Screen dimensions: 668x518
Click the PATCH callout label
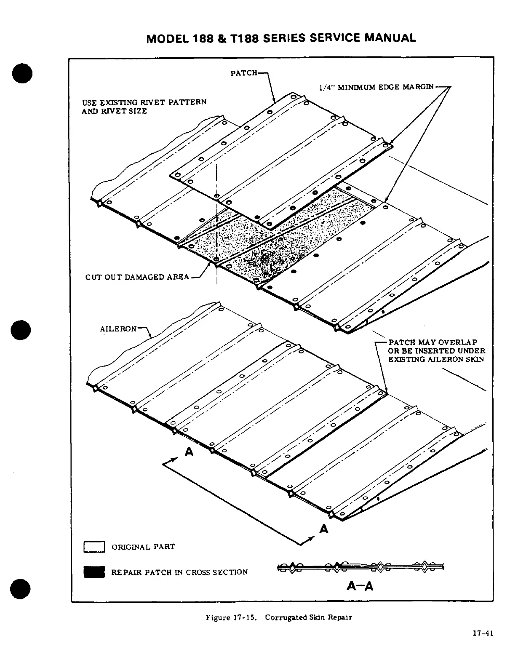243,73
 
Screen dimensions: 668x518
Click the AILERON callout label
118,329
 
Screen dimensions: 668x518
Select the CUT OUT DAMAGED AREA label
137,277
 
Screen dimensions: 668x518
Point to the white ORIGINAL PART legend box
94,547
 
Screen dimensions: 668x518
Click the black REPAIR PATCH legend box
94,572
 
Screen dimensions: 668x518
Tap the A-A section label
360,586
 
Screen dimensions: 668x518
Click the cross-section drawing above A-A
360,567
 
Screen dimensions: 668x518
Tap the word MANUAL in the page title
390,38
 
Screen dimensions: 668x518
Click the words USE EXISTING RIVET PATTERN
144,102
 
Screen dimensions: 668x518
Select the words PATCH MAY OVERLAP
433,342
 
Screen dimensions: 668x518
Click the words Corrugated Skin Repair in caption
308,617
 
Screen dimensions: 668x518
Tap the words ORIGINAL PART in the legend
143,547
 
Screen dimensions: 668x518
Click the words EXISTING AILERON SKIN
436,359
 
